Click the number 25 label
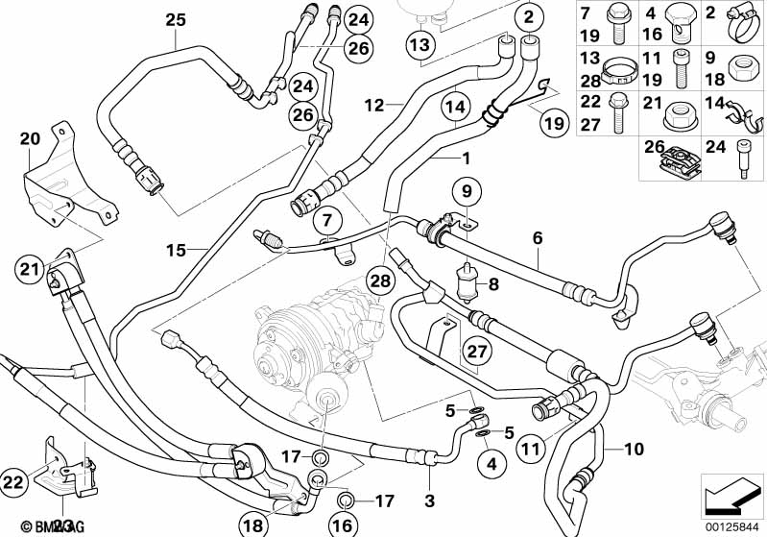click(175, 19)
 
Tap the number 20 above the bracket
click(31, 138)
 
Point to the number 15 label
click(175, 251)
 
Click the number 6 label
click(538, 235)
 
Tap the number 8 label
click(493, 283)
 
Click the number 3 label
click(429, 500)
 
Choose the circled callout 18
click(253, 524)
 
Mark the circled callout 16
click(343, 524)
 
